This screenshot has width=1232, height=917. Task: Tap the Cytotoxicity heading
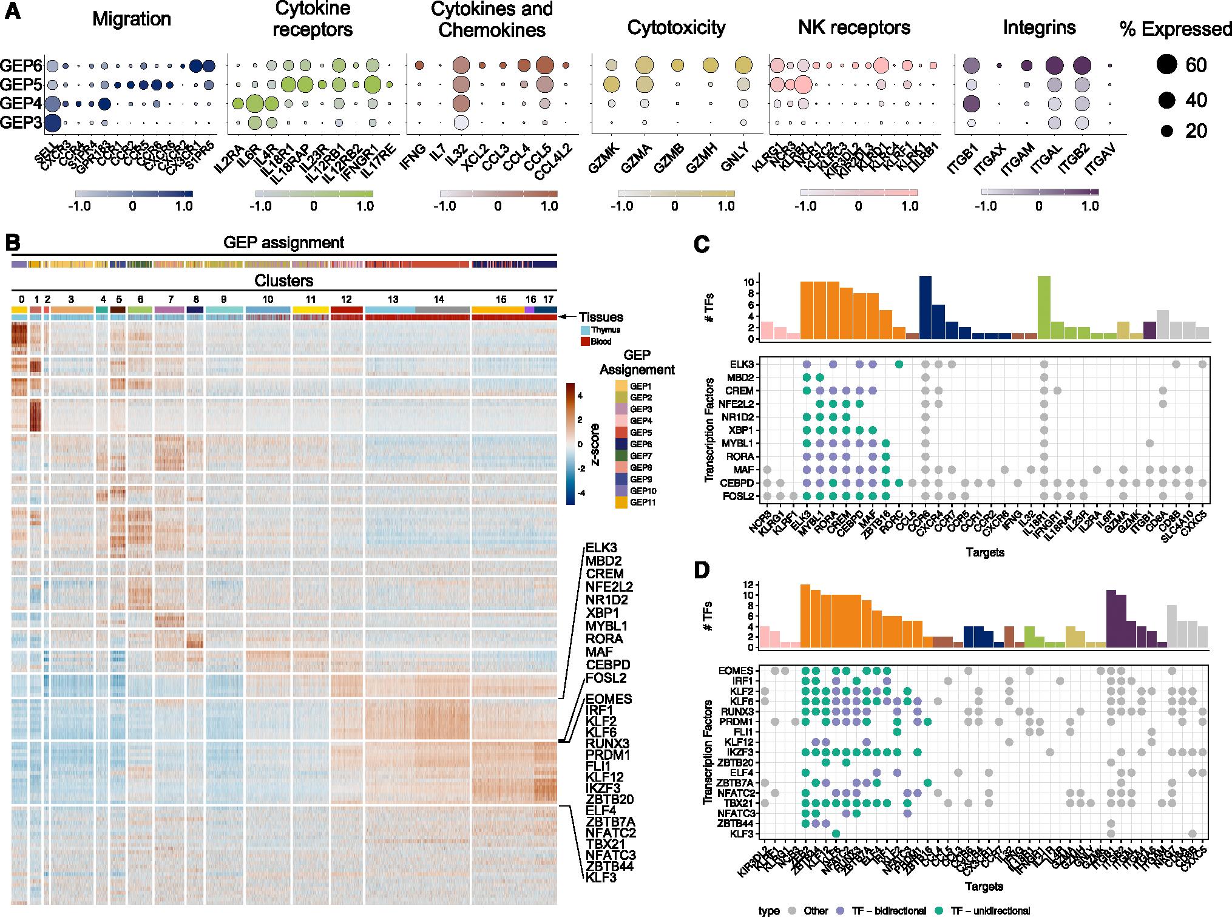[676, 27]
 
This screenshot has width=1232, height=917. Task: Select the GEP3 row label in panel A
[21, 123]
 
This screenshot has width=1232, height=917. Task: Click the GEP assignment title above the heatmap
[284, 243]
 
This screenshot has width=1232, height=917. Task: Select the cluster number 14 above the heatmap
[438, 300]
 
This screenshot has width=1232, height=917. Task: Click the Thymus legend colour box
[586, 330]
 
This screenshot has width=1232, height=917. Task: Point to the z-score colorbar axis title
[596, 443]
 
